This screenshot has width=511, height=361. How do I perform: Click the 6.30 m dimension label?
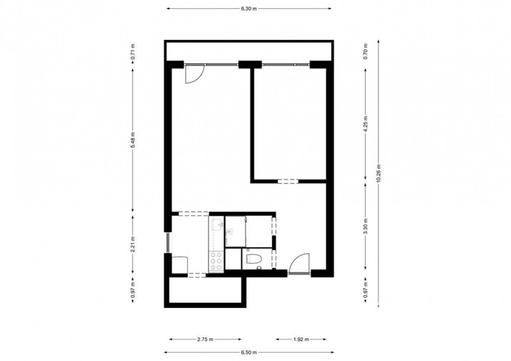click(x=249, y=9)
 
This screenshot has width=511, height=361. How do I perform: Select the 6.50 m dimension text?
click(x=249, y=352)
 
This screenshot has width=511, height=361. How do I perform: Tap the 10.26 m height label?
click(x=379, y=173)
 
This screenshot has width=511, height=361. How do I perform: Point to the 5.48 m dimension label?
click(x=133, y=140)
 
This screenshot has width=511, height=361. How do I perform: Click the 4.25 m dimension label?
click(x=366, y=124)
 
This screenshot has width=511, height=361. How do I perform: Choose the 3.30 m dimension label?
click(x=366, y=226)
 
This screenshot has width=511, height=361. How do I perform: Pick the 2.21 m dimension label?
click(x=133, y=244)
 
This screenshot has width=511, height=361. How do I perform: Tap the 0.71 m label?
click(x=133, y=52)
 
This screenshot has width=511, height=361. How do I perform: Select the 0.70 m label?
click(x=366, y=51)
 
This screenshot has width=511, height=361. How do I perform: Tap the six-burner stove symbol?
click(x=216, y=261)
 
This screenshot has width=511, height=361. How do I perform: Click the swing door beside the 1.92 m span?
click(x=299, y=263)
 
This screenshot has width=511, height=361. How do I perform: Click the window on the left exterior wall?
click(x=168, y=242)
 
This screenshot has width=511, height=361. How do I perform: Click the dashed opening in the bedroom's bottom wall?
click(x=288, y=181)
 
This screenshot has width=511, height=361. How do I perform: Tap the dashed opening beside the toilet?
click(x=274, y=259)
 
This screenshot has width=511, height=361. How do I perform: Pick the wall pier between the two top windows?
click(x=250, y=65)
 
